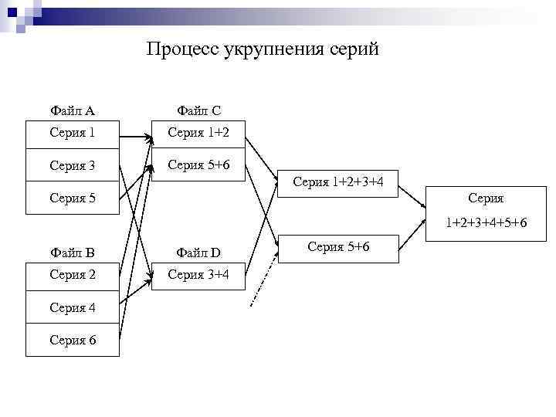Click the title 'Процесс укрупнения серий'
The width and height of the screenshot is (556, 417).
[x=263, y=50]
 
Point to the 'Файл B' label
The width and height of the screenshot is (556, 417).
[x=72, y=253]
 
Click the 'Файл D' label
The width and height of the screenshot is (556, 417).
[x=198, y=253]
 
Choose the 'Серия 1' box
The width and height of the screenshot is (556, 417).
[x=73, y=133]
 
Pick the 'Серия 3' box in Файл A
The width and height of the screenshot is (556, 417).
[x=73, y=165]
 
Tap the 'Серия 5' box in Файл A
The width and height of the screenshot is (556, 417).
[x=73, y=198]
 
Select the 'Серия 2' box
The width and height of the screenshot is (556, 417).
[x=73, y=275]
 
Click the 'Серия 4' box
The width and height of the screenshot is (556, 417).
[x=73, y=307]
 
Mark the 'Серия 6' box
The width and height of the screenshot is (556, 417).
[x=73, y=340]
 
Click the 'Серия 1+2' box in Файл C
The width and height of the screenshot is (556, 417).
[x=198, y=133]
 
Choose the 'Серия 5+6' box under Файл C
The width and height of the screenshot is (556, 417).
[x=198, y=164]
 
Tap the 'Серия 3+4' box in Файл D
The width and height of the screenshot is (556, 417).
[x=198, y=275]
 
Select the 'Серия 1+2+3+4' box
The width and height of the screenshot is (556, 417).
[x=337, y=183]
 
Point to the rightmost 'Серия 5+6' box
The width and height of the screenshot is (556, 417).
[x=337, y=247]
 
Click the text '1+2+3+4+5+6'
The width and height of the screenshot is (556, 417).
[x=486, y=223]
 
